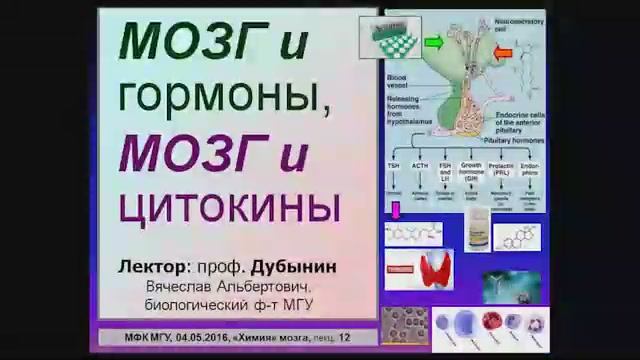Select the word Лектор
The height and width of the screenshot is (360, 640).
click(152, 267)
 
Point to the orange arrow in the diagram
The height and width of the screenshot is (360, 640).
click(503, 50)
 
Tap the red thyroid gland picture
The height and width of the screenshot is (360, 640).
click(436, 267)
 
